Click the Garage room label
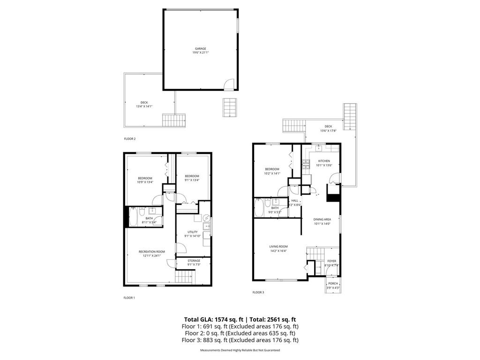click(201, 49)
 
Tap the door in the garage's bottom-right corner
click(228, 84)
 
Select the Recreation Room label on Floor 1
click(152, 252)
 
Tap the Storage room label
click(194, 261)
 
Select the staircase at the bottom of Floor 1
click(184, 278)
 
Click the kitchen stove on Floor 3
click(305, 164)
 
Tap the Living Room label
click(278, 247)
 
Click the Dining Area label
click(322, 219)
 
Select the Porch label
click(333, 284)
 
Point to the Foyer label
click(331, 261)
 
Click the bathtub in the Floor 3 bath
click(259, 208)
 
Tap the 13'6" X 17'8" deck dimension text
click(328, 131)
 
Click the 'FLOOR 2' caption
click(129, 139)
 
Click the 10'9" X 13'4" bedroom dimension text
click(145, 182)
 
